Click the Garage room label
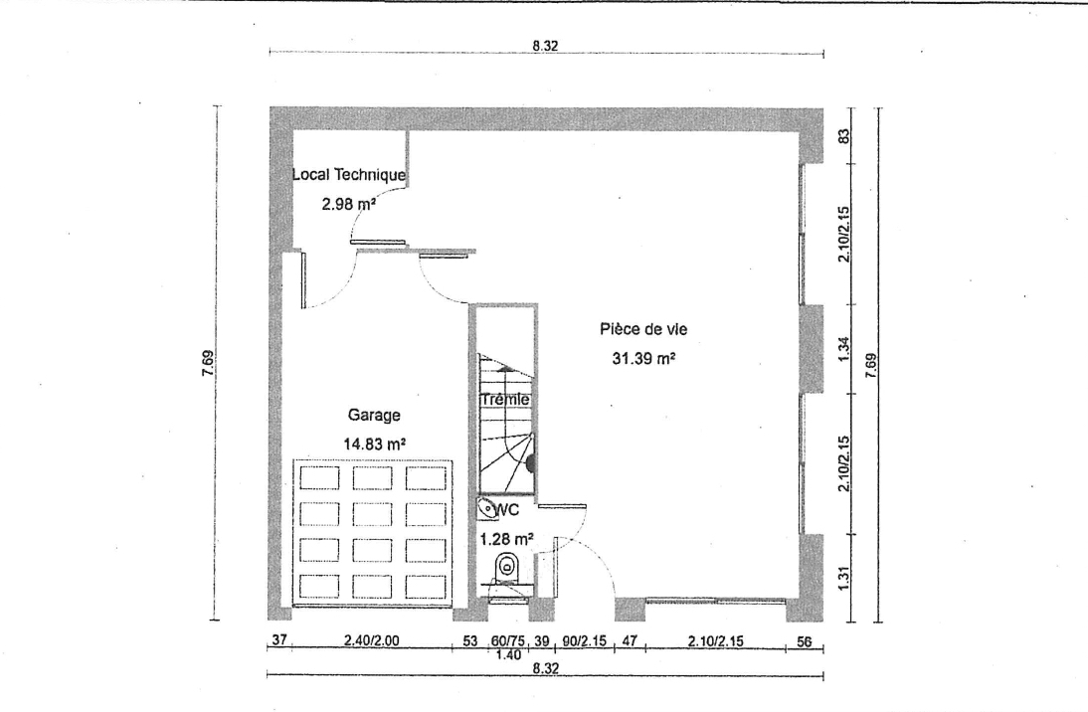374,415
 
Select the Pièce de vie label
643,329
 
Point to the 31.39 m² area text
643,358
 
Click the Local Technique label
349,174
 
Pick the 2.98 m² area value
348,204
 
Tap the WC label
506,511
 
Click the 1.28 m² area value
507,539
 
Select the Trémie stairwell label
505,400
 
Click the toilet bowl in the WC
507,567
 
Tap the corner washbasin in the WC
486,510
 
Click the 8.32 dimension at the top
545,46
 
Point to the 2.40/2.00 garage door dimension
371,640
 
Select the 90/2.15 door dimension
584,640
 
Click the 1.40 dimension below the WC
509,654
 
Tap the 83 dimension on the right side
844,136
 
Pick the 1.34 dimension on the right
843,349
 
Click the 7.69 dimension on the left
208,363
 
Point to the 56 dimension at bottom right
804,642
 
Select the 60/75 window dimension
508,640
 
